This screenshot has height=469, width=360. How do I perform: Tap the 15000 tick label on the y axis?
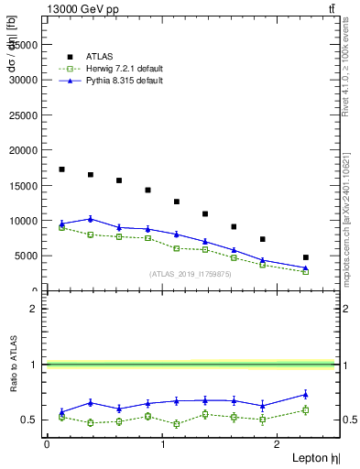(x=24, y=186)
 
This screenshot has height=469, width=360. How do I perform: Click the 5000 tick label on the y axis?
(x=27, y=256)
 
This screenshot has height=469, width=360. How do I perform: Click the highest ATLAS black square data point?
(x=61, y=169)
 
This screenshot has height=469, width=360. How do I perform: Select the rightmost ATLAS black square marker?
(x=305, y=257)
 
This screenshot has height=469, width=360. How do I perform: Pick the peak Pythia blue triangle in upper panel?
(x=90, y=219)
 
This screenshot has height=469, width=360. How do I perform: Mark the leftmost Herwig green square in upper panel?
(x=61, y=227)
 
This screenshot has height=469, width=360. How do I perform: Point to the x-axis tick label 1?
(x=162, y=443)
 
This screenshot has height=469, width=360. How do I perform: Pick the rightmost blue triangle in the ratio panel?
(x=305, y=395)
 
